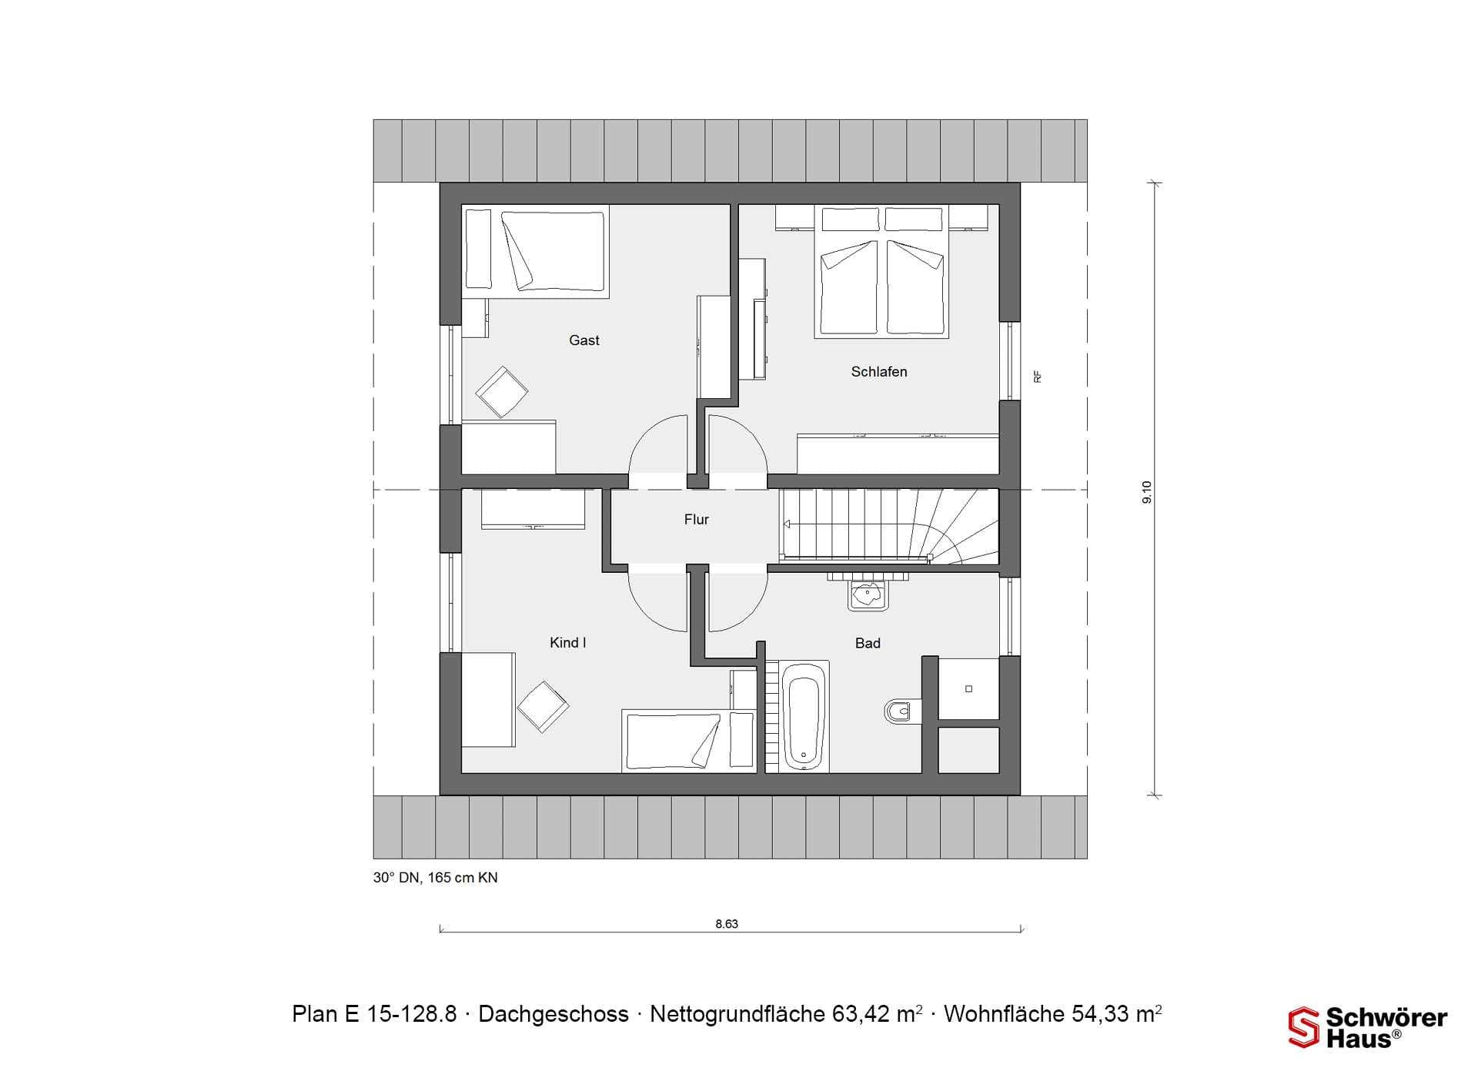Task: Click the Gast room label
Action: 584,340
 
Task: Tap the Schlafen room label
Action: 879,372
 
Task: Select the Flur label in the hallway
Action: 697,520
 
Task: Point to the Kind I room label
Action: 568,643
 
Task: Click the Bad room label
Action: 868,644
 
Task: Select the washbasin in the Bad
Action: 868,594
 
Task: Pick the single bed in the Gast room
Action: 536,251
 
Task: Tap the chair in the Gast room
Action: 502,392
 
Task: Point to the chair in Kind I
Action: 543,707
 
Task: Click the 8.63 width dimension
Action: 727,924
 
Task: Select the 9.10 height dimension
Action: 1147,492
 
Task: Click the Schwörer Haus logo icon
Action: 1304,1027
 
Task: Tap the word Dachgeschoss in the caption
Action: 553,1014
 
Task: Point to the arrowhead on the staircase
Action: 787,524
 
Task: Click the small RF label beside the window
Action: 1037,377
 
